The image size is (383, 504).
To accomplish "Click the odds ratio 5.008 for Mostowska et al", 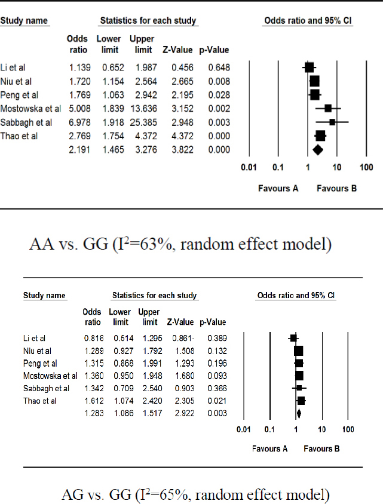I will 77,108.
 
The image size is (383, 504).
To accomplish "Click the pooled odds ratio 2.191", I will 77,149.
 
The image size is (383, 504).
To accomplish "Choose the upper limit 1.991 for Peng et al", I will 149,363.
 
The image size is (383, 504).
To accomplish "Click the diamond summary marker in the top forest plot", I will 317,149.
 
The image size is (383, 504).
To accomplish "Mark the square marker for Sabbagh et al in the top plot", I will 332,122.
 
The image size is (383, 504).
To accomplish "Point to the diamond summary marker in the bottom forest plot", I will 298,413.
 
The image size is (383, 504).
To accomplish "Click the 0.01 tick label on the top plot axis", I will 249,167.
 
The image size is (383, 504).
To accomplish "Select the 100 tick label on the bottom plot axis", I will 348,429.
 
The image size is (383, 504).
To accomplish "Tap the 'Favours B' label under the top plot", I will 336,188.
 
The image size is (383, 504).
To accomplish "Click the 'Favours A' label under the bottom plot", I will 269,448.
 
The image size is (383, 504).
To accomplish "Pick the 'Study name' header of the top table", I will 24,21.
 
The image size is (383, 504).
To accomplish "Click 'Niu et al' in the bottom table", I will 38,351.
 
